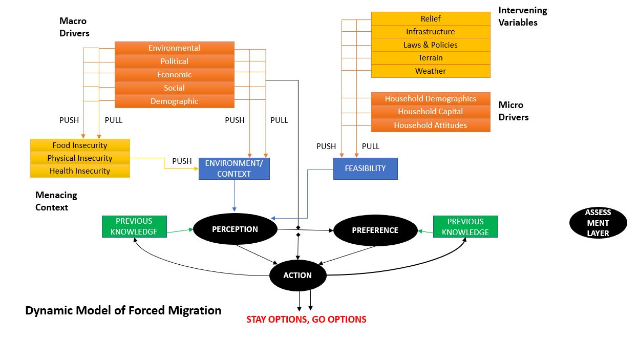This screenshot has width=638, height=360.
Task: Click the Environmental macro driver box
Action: [174, 48]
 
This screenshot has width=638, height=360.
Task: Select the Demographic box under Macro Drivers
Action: [174, 101]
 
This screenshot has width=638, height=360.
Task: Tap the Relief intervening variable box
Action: [430, 19]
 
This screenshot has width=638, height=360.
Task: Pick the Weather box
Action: [430, 71]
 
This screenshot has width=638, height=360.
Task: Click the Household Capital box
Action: [430, 112]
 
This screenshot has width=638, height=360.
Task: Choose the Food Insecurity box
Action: [80, 145]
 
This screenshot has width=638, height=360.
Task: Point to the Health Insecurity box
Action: [80, 171]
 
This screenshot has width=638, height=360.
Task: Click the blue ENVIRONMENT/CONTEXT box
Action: [234, 168]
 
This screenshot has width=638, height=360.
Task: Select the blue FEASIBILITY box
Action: [365, 168]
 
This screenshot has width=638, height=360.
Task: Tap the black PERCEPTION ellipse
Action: [235, 229]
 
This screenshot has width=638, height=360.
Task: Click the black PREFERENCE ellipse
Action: [375, 230]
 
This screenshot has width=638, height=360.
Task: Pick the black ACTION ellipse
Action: [297, 276]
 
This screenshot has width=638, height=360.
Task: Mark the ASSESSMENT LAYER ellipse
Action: [598, 223]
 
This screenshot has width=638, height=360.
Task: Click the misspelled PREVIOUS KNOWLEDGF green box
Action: [134, 226]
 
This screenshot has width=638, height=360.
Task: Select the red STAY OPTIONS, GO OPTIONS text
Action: [306, 320]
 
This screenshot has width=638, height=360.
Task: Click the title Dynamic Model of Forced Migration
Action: [123, 310]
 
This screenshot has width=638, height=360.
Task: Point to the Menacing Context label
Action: [56, 201]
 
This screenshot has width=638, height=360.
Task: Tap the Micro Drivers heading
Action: [513, 111]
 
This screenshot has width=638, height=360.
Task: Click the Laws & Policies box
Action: [430, 45]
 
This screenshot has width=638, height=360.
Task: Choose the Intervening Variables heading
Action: [522, 16]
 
